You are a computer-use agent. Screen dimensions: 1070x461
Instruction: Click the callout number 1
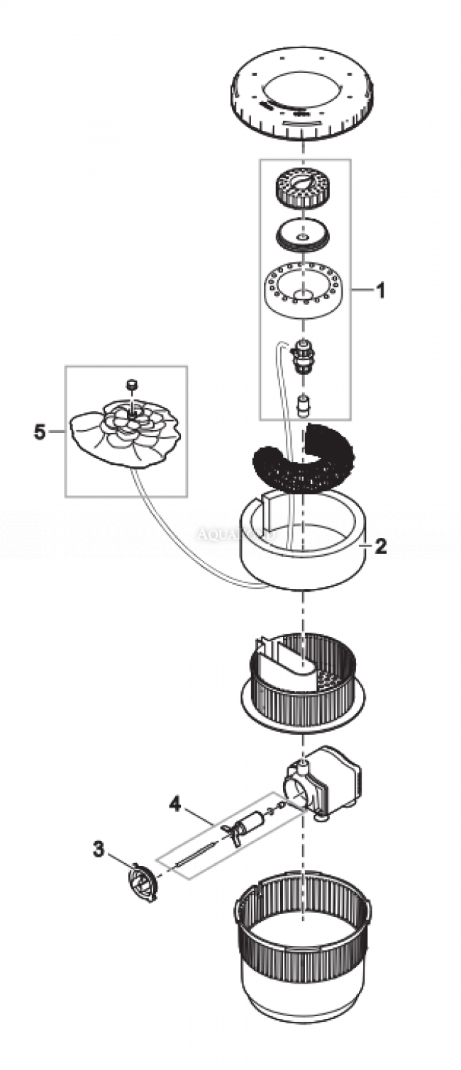[x=380, y=291]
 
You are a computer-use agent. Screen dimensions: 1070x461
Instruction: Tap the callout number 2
[x=380, y=546]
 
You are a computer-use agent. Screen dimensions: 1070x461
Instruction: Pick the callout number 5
[x=40, y=431]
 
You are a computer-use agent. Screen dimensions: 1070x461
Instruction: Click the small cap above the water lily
[x=130, y=385]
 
